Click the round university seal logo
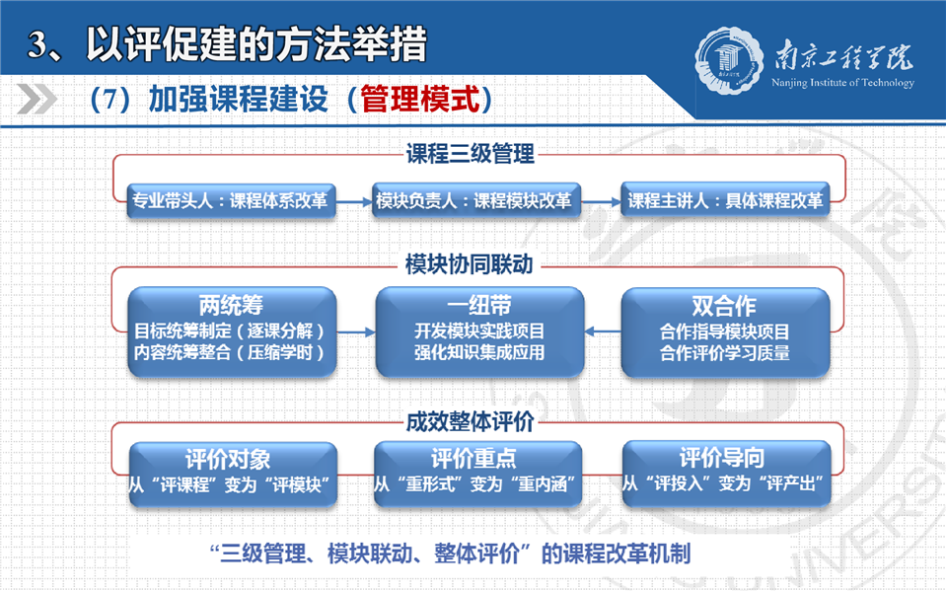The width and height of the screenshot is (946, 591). point(725,60)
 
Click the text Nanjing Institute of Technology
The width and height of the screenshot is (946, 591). point(842,83)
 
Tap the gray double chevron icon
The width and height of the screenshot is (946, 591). point(36,99)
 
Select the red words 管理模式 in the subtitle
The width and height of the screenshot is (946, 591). point(420,99)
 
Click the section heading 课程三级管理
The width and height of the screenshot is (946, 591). point(470,153)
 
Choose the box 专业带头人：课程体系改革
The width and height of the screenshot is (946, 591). point(231,200)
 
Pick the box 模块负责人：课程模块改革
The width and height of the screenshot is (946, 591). point(476,200)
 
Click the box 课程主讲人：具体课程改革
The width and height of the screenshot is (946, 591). point(725,200)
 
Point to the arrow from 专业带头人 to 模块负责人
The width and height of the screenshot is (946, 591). point(354,202)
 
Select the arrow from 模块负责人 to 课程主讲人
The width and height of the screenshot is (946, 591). point(601,201)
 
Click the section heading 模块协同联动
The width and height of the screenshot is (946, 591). point(470,264)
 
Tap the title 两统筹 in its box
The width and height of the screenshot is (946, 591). point(231,306)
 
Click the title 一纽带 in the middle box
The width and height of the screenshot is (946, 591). point(479,305)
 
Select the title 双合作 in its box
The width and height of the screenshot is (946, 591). point(724,306)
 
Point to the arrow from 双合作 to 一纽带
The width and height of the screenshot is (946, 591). point(603,332)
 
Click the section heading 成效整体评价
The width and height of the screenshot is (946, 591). point(470,421)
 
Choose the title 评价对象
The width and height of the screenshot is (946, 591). point(228,460)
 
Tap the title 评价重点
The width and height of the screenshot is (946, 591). point(473,458)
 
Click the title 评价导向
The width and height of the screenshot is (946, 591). point(722,458)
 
